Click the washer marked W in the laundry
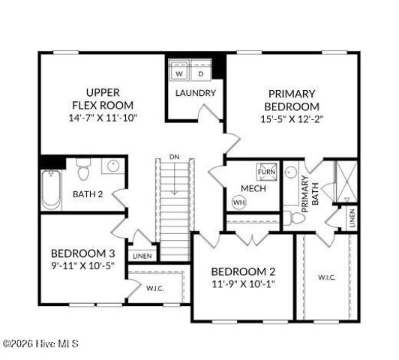coord(179,70)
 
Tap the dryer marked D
coord(201,70)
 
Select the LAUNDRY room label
coord(196,93)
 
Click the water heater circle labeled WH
coord(239,202)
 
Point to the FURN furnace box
coord(266,172)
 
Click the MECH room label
coord(253,188)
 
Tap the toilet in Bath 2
coord(83,169)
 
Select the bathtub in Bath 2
coord(51,190)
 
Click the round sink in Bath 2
coord(113,166)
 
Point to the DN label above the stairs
coord(174,157)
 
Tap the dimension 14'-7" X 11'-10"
coord(103,118)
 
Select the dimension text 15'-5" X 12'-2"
coord(292,119)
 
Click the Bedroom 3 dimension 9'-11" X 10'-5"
coord(83,265)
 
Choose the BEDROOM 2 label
coord(243,271)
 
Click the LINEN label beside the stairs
coord(142,256)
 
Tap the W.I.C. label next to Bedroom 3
coord(155,289)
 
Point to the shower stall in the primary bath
coord(346,181)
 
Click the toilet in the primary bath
coord(294,218)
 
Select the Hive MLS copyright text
coord(40,344)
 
